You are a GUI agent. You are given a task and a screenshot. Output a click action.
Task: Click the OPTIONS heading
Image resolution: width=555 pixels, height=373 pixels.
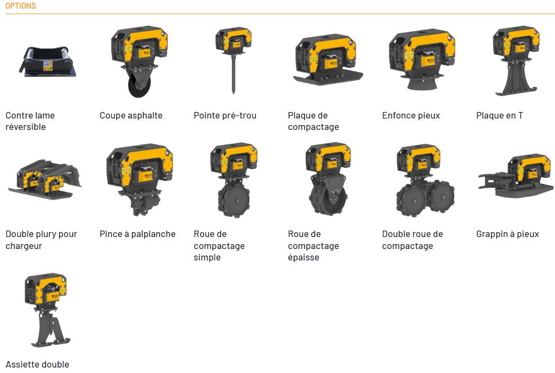click(21, 6)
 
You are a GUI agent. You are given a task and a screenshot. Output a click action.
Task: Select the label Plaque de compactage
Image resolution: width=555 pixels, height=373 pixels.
click(313, 121)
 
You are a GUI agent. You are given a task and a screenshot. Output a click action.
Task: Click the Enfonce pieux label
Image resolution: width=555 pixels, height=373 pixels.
click(411, 115)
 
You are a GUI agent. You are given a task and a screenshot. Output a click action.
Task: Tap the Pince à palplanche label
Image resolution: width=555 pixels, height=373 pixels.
click(137, 234)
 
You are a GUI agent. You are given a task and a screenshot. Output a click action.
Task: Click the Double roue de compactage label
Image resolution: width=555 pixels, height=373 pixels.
click(412, 240)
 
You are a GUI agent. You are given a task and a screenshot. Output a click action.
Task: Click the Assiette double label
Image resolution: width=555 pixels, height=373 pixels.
click(37, 364)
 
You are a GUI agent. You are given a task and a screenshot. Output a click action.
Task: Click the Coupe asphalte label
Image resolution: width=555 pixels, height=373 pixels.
click(131, 115)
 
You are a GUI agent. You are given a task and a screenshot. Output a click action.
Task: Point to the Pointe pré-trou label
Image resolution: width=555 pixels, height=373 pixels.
click(225, 115)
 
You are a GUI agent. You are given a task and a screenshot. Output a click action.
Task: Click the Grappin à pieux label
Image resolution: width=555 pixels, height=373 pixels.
click(507, 234)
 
